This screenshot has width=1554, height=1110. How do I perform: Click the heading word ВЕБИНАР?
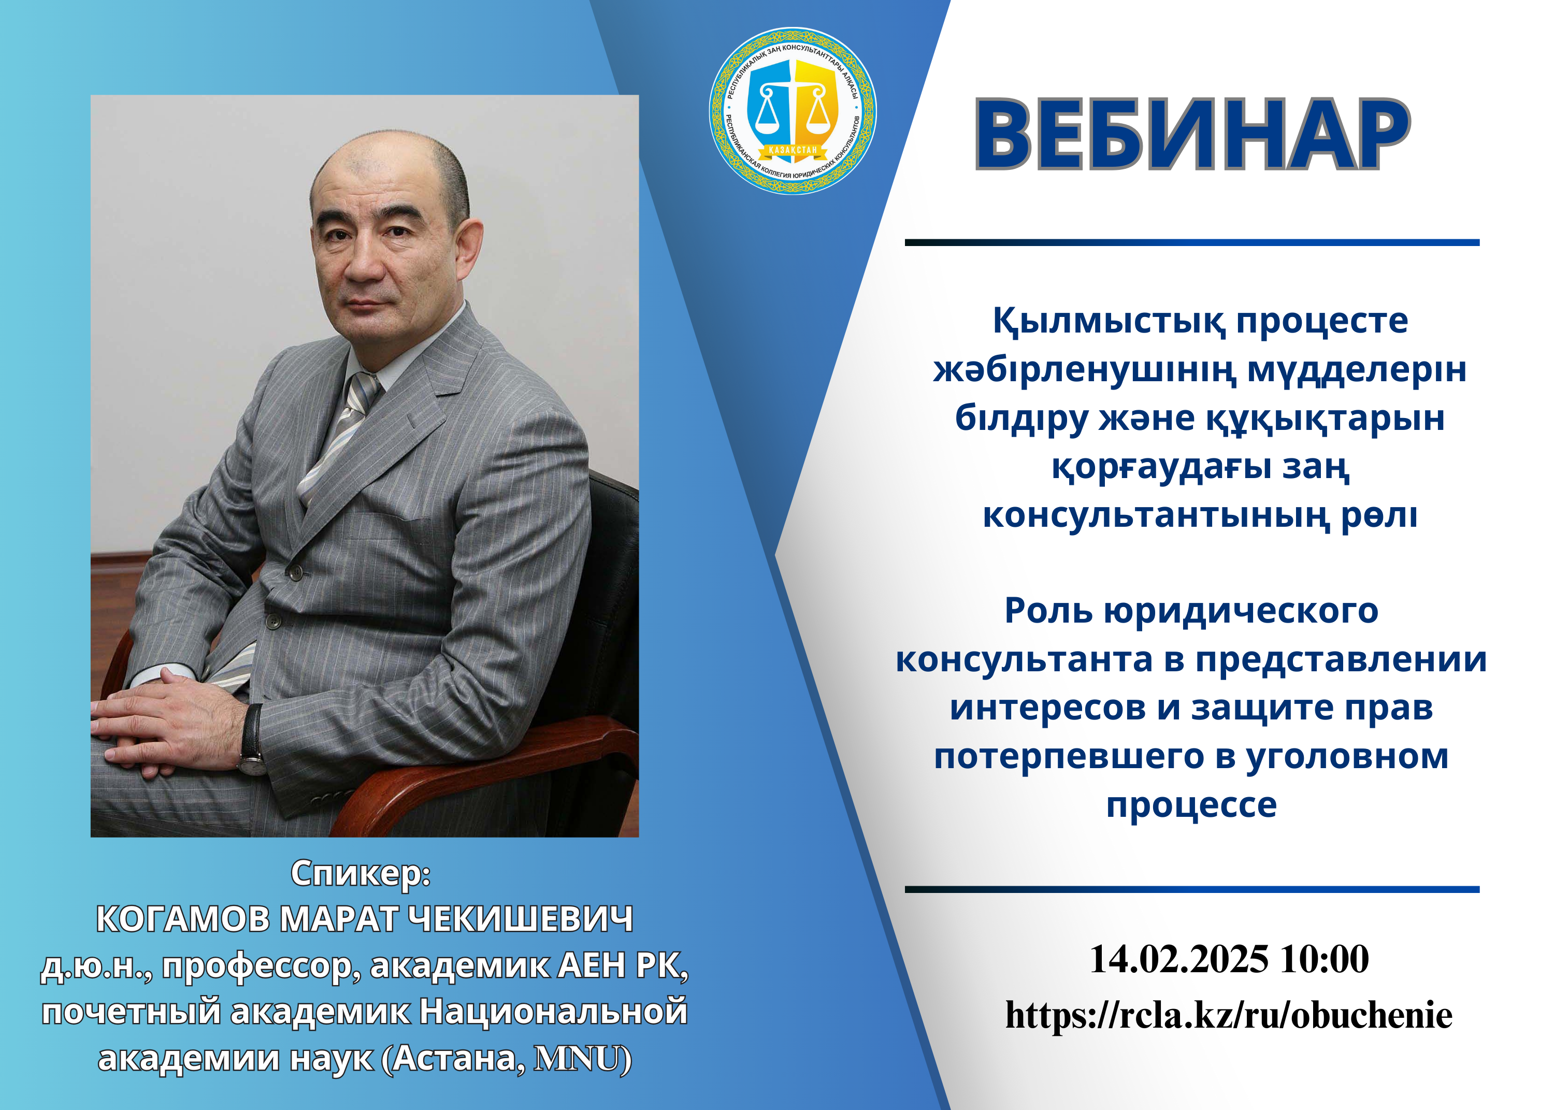(1192, 135)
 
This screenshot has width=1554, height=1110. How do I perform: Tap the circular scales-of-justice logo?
(793, 111)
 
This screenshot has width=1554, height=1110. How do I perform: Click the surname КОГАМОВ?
(183, 919)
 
